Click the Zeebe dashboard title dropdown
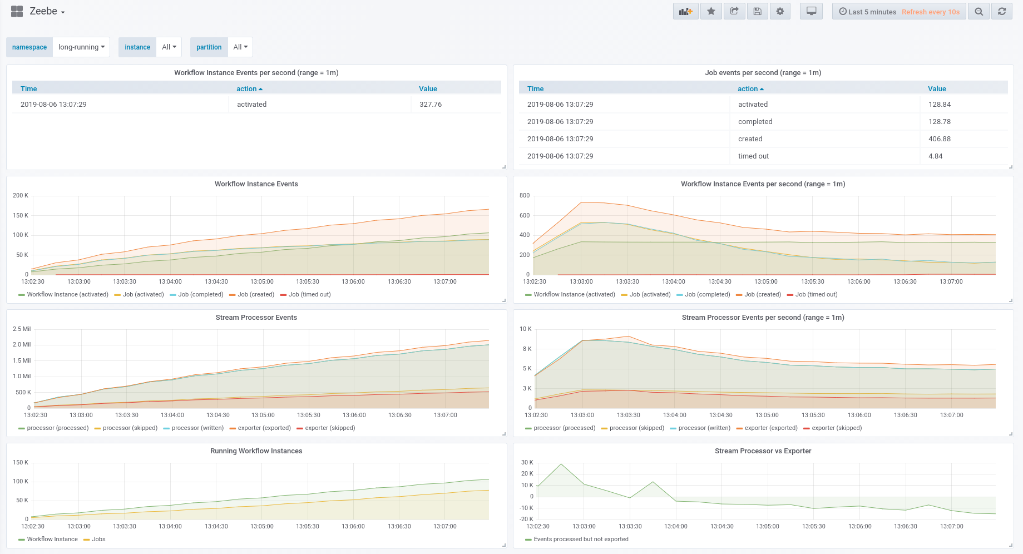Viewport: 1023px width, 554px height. [x=47, y=12]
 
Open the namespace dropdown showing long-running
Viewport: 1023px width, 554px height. [x=81, y=47]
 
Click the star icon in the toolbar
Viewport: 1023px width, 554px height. [x=711, y=11]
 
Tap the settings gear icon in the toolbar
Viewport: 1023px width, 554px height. [x=780, y=11]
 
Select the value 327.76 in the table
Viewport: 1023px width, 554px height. [x=430, y=105]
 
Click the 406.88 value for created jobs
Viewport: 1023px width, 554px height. [x=939, y=139]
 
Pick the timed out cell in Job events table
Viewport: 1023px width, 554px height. [x=753, y=156]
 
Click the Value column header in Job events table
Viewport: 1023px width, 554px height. [x=937, y=89]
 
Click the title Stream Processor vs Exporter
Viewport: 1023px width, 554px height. [x=763, y=451]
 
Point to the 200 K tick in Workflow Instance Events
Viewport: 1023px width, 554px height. [x=21, y=196]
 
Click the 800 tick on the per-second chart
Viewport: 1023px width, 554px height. [x=524, y=196]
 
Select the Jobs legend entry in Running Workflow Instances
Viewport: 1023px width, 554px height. [x=98, y=539]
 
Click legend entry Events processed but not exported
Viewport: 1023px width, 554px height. [x=581, y=539]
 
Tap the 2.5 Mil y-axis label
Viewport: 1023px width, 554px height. [x=22, y=329]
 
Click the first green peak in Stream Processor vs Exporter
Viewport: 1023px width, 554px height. [x=561, y=464]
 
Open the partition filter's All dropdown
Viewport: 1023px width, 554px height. [x=240, y=47]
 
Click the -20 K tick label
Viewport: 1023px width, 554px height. [x=527, y=519]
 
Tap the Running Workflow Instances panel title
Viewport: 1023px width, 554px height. [x=256, y=451]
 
